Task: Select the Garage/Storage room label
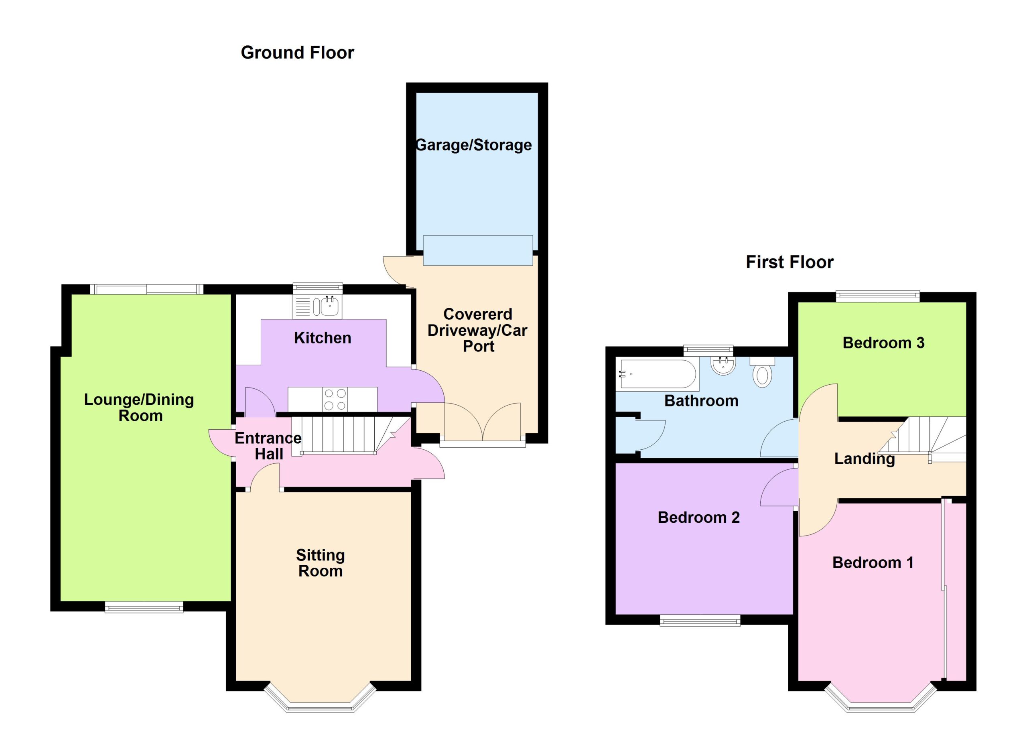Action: pyautogui.click(x=474, y=145)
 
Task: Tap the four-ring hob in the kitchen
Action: pyautogui.click(x=335, y=399)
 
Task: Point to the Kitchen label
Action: pyautogui.click(x=323, y=338)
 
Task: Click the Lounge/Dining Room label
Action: pyautogui.click(x=140, y=408)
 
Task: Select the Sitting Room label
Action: pyautogui.click(x=321, y=563)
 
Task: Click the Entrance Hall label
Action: pyautogui.click(x=268, y=446)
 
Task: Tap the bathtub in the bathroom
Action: pyautogui.click(x=658, y=374)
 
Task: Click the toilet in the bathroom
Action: pyautogui.click(x=762, y=372)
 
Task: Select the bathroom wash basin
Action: pyautogui.click(x=723, y=365)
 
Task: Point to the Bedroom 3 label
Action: pyautogui.click(x=883, y=343)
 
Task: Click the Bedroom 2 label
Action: pyautogui.click(x=699, y=518)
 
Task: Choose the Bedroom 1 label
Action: pyautogui.click(x=873, y=563)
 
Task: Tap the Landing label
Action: pyautogui.click(x=865, y=459)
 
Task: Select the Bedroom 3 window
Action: pyautogui.click(x=878, y=296)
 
